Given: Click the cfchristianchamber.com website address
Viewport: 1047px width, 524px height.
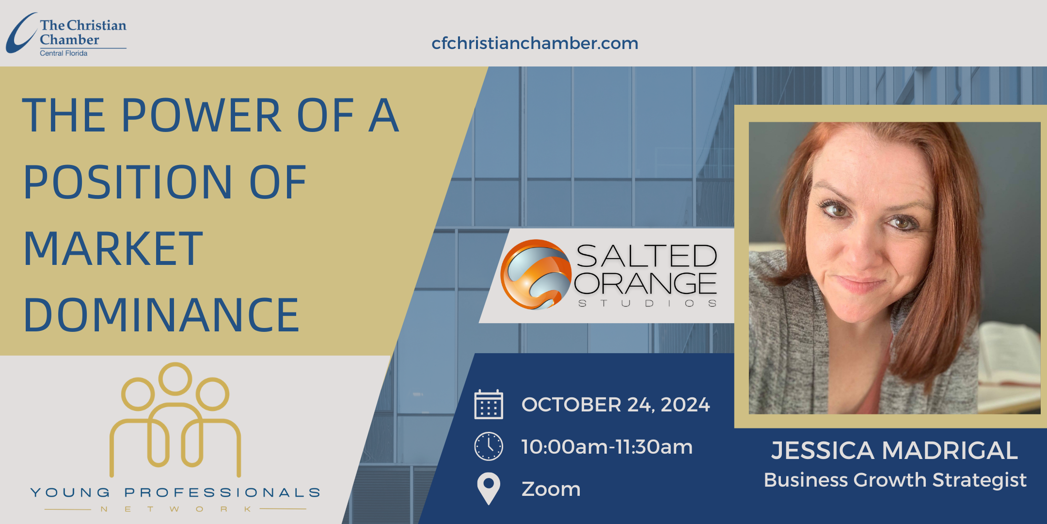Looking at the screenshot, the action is click(x=535, y=43).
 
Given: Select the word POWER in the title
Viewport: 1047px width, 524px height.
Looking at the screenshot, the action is click(x=201, y=115).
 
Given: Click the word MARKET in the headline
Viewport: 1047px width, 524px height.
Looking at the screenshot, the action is click(x=113, y=248).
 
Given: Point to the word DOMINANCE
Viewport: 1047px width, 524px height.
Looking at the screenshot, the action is click(x=161, y=315).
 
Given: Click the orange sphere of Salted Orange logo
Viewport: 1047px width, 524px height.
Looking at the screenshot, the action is click(x=536, y=275).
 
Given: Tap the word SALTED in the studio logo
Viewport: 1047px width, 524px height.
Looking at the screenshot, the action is click(x=647, y=256).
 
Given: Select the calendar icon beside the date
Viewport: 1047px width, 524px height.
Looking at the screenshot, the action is click(x=489, y=404).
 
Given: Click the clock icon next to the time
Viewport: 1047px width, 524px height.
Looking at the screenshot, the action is click(x=489, y=446).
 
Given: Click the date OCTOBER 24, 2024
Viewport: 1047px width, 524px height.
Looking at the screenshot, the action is click(x=616, y=405).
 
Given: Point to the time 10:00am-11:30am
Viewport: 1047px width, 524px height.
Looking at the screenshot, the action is click(x=607, y=447).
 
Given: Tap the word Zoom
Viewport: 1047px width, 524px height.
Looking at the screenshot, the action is click(x=551, y=489).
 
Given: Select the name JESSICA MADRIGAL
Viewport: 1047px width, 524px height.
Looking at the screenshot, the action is click(x=895, y=451).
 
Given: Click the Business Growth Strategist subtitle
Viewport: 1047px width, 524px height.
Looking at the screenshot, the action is click(x=895, y=480).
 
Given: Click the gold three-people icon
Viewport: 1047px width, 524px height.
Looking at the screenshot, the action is click(x=175, y=420).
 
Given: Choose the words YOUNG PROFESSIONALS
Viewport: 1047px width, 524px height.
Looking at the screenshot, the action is click(x=175, y=493).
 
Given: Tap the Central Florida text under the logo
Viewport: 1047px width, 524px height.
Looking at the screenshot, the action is click(x=63, y=53).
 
